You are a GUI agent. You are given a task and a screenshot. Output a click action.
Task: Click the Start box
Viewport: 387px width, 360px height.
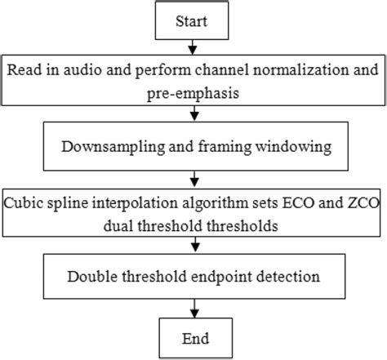[x=193, y=20]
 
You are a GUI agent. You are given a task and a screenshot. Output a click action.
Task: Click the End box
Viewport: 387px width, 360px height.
[x=193, y=337]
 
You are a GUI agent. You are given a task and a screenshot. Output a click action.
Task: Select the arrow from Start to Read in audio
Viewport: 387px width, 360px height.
[x=193, y=47]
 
